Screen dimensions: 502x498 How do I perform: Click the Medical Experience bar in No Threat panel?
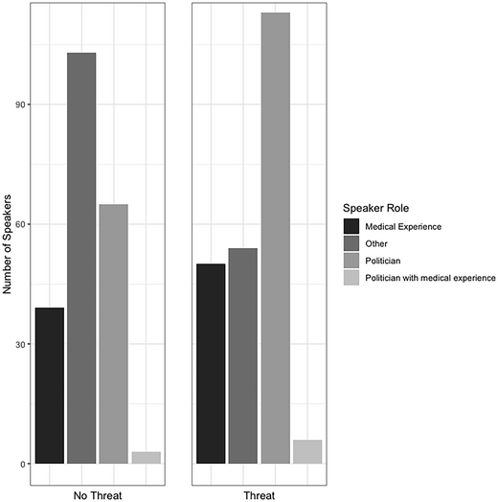[x=49, y=386]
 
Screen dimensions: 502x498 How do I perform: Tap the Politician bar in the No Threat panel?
[x=113, y=334]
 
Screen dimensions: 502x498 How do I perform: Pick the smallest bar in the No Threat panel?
[x=146, y=458]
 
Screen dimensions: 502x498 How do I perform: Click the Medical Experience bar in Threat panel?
[x=210, y=364]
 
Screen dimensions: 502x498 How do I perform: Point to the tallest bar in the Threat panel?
[x=275, y=239]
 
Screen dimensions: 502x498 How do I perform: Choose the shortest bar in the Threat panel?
[x=307, y=452]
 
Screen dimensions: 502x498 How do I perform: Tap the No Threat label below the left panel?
[x=98, y=495]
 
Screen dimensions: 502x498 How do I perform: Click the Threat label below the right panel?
[x=259, y=495]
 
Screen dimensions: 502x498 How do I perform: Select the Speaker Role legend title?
[x=375, y=205]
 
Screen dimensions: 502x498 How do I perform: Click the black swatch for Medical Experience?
[x=351, y=226]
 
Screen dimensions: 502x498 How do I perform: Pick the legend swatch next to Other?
[x=351, y=243]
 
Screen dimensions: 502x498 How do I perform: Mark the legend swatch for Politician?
[x=351, y=261]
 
